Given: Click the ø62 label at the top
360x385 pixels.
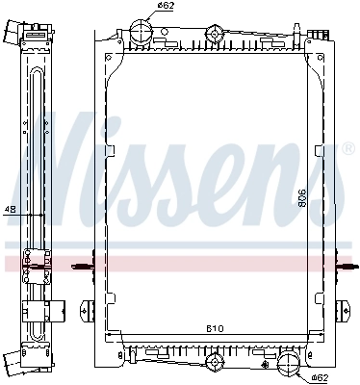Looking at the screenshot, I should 167,7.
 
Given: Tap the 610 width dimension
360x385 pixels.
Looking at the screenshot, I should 214,328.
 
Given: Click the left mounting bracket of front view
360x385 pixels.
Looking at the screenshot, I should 87,310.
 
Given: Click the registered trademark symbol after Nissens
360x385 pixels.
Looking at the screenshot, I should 347,149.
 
